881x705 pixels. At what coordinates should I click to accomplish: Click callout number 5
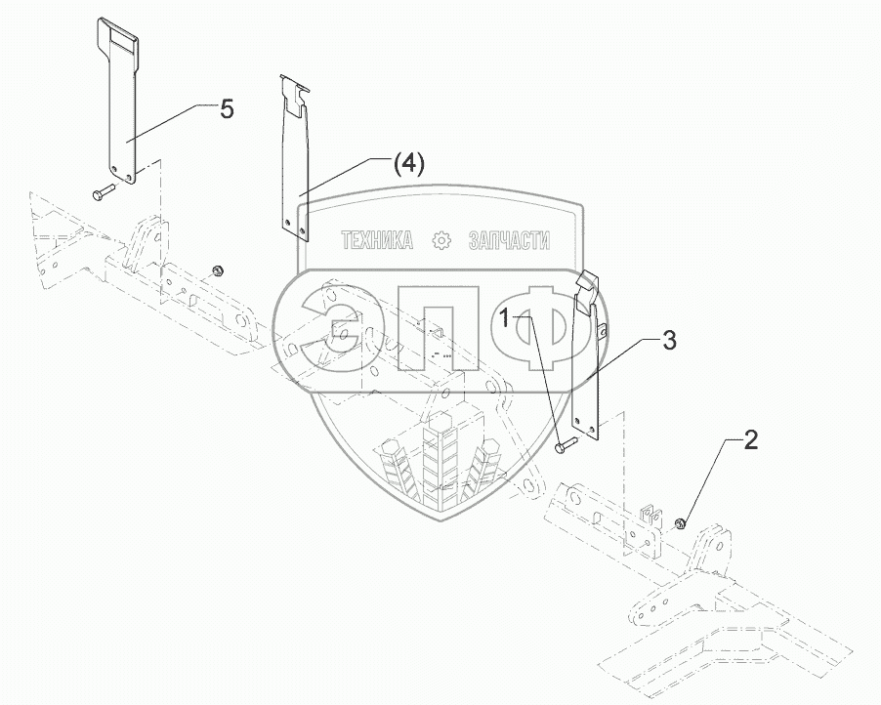pos(227,109)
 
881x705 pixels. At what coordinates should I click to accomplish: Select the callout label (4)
pos(409,165)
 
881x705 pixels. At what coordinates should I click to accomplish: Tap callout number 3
pos(669,340)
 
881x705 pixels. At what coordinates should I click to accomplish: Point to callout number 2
pos(750,440)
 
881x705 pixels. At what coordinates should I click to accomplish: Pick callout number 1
pos(506,317)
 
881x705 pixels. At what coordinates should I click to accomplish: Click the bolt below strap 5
pos(103,195)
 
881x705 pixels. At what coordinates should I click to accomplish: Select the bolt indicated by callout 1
pos(566,447)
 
